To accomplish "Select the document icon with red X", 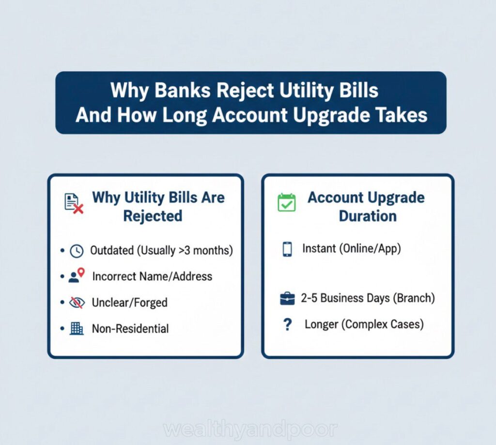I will tap(74, 203).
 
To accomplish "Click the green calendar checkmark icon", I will tap(286, 202).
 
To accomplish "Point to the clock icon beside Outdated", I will tap(77, 251).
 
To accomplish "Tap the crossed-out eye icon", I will tap(77, 303).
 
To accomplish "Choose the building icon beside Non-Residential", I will tap(77, 329).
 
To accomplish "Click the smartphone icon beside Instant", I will tap(287, 249).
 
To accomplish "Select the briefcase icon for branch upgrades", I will tap(287, 299).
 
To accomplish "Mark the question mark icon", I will tap(287, 324).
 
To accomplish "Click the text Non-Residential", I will tap(130, 329).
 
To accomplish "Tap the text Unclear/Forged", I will tap(129, 303).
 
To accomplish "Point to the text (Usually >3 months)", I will tap(185, 251).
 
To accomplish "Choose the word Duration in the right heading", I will tap(367, 216).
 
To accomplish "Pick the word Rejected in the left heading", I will tap(153, 216).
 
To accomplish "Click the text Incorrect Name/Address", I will tap(152, 276).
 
